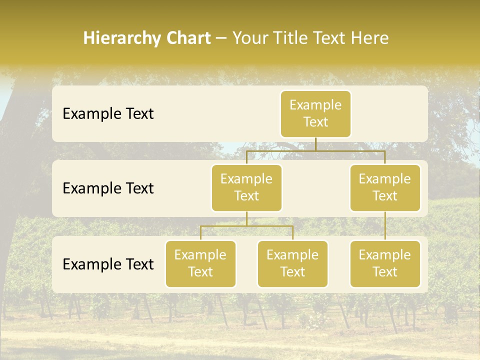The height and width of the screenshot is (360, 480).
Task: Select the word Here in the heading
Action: tap(370, 38)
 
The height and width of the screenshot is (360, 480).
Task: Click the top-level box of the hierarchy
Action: tap(315, 114)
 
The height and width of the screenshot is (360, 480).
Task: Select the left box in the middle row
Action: tap(246, 188)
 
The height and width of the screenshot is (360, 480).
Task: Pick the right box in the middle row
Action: tap(385, 188)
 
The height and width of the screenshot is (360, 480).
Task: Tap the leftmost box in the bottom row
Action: tap(200, 264)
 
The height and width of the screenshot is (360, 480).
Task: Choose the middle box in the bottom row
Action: tap(292, 264)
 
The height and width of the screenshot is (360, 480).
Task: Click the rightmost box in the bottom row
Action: tap(385, 264)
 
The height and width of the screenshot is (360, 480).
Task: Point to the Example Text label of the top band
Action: tap(108, 114)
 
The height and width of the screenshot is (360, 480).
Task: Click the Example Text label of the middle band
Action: tap(108, 188)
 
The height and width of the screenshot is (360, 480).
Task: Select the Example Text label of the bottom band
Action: tap(108, 264)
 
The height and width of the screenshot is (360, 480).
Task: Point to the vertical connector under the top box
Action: tap(315, 144)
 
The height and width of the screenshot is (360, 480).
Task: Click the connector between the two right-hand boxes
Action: tap(385, 226)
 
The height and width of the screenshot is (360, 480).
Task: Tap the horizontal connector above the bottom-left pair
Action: tap(246, 226)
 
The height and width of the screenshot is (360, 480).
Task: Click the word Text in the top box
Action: tap(315, 122)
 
